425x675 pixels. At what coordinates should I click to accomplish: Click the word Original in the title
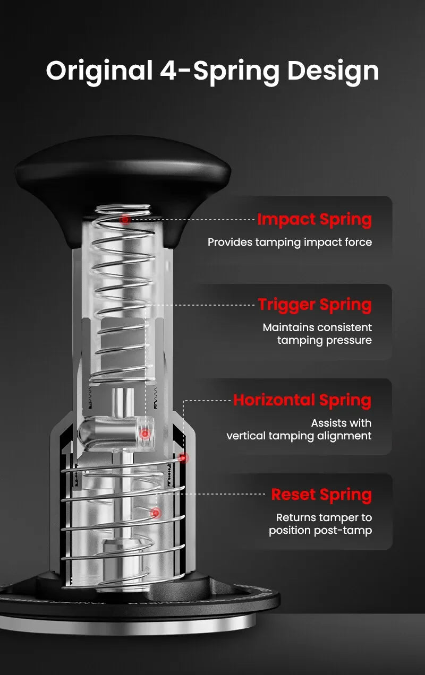(99, 71)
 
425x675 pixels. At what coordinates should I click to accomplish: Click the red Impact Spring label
(314, 219)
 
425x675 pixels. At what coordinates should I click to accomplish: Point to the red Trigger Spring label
(314, 305)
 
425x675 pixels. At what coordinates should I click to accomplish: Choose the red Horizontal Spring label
(302, 400)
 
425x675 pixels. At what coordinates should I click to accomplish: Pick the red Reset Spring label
(321, 495)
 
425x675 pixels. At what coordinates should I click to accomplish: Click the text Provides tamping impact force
(290, 243)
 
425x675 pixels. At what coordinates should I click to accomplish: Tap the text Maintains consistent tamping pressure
(318, 334)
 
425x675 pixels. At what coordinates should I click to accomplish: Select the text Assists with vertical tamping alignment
(300, 429)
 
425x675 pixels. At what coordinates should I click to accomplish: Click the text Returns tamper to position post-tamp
(320, 524)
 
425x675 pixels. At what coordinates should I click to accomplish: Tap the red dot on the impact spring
(125, 219)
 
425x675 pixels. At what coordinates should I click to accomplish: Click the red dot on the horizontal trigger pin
(144, 434)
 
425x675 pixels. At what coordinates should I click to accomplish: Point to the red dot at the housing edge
(183, 457)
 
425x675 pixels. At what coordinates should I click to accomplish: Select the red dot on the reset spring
(155, 513)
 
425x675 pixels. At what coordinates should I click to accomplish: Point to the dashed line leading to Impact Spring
(191, 219)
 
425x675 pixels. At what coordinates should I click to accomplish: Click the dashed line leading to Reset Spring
(212, 494)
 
